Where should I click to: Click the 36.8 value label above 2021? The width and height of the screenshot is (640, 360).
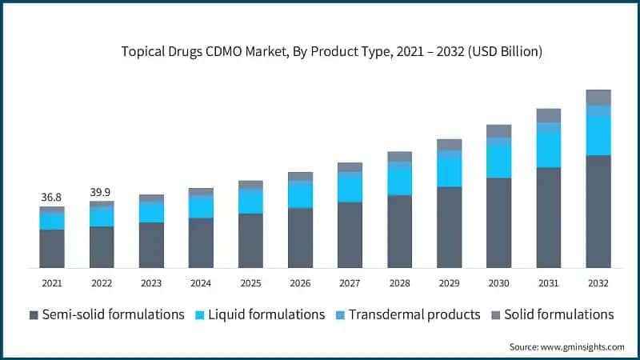52,197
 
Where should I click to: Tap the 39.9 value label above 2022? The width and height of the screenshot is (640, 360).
102,192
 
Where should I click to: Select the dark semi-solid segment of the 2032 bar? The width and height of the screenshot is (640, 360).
598,211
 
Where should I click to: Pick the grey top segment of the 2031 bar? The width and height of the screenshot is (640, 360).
548,115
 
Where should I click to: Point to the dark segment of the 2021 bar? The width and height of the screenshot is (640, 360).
52,248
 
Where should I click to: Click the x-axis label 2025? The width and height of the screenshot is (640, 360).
250,283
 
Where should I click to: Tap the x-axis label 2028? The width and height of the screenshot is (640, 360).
399,283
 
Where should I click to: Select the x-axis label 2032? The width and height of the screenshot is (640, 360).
598,283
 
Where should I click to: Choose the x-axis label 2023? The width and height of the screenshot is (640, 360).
151,283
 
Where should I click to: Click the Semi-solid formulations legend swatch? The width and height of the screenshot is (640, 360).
33,314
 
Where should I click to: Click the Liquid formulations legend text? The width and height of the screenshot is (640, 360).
266,314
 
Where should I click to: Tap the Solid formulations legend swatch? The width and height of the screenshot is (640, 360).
496,314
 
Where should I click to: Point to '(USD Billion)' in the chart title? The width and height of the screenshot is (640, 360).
506,52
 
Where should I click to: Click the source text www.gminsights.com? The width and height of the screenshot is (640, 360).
583,346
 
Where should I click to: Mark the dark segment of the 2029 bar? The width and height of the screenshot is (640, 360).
449,227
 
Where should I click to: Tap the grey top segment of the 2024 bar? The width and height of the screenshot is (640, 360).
201,192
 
